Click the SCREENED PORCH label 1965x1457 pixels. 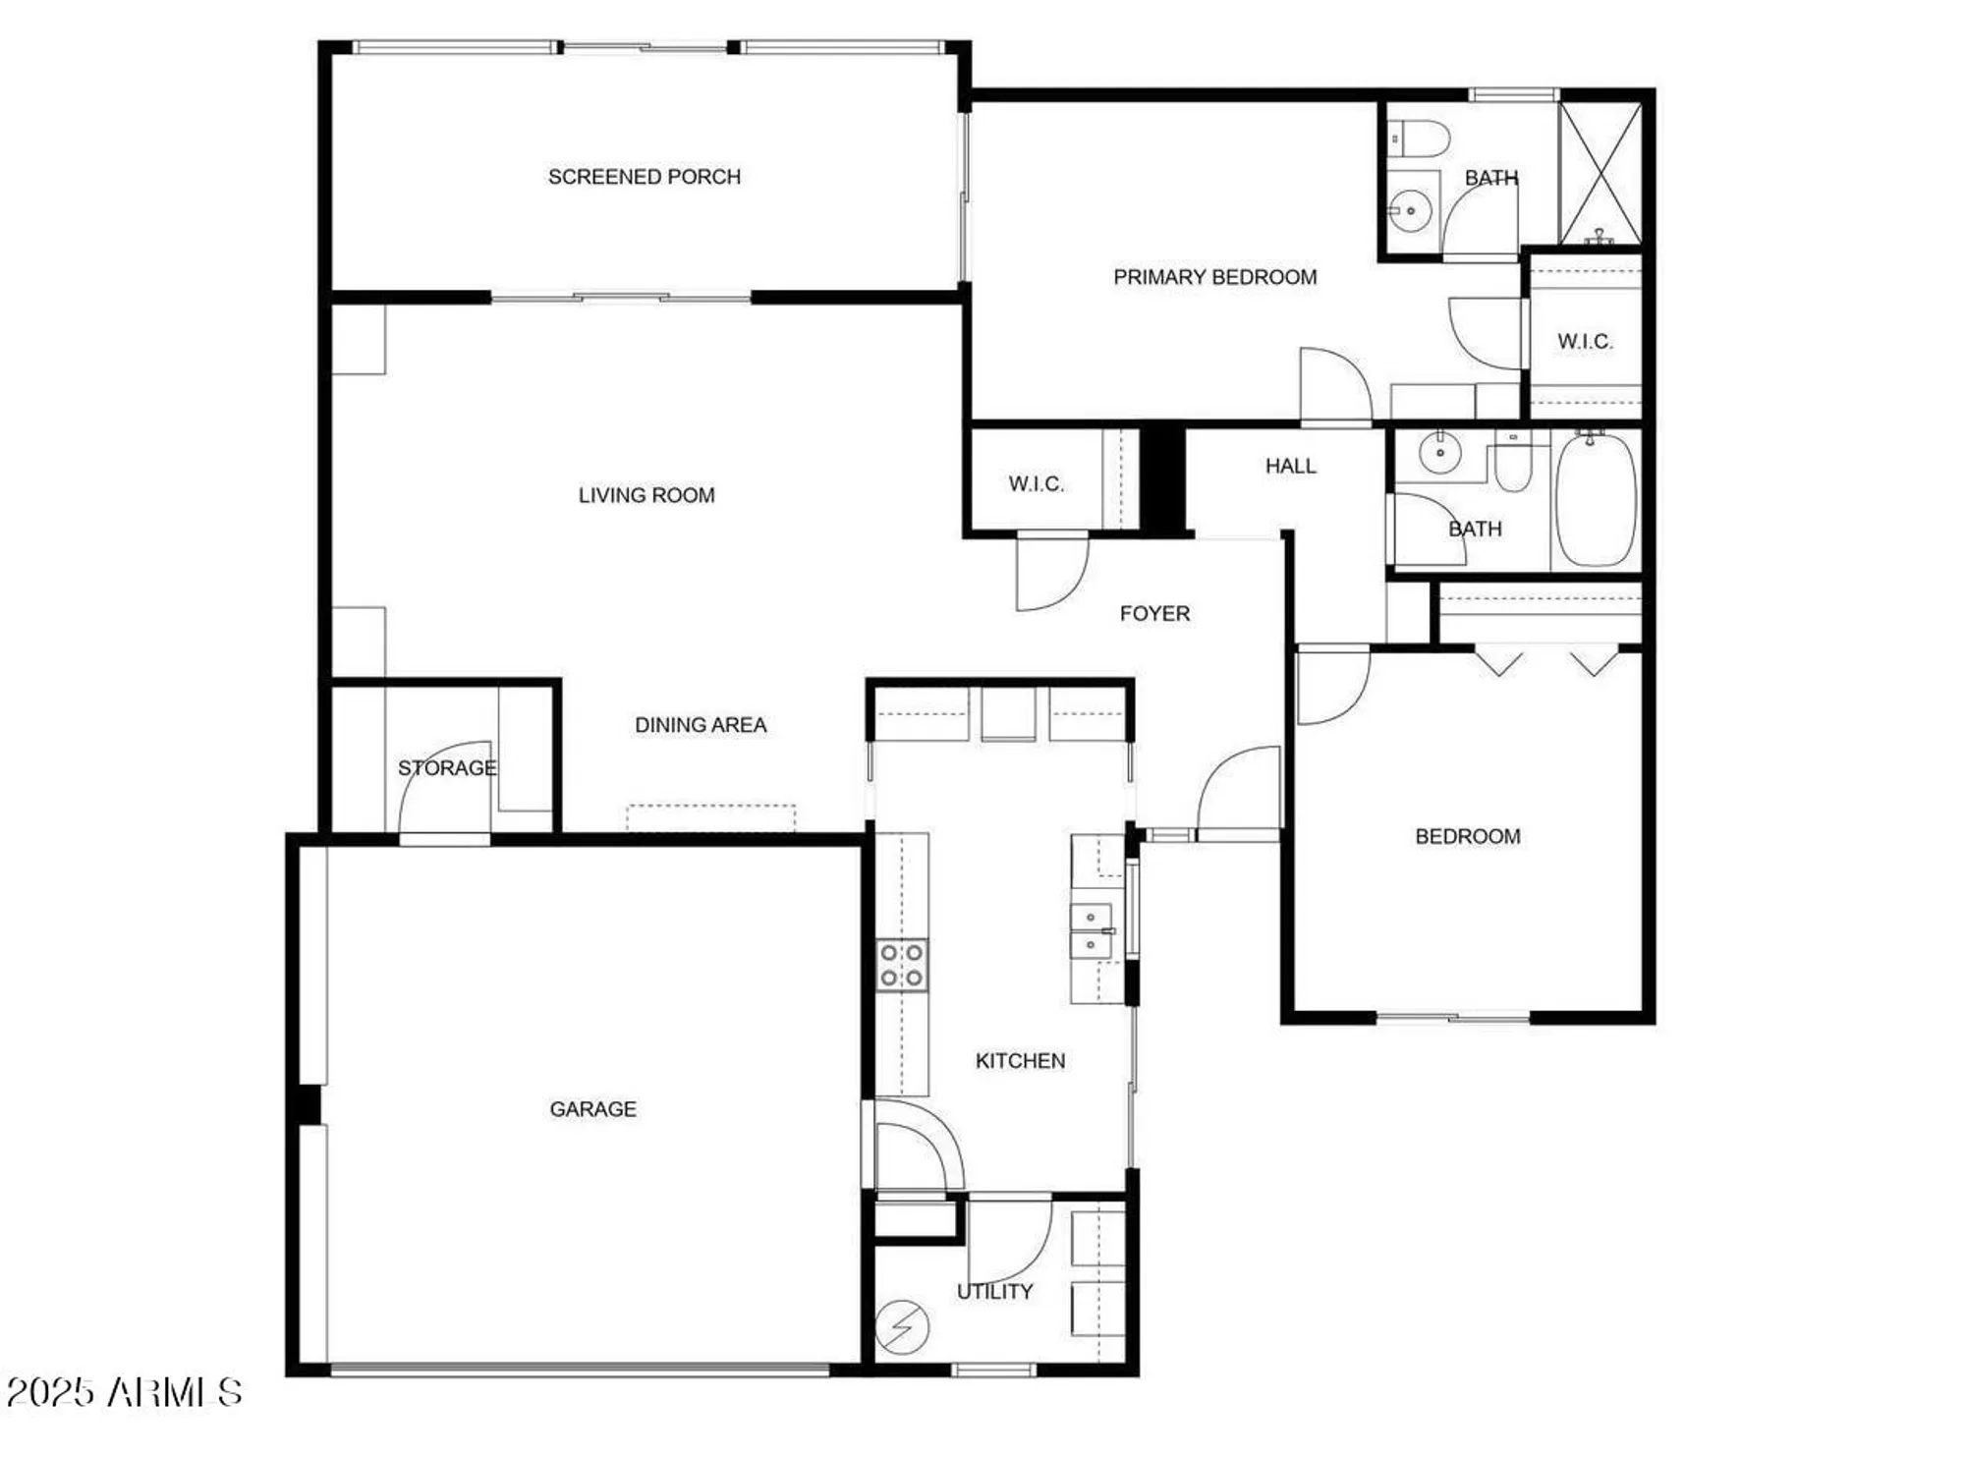pyautogui.click(x=644, y=177)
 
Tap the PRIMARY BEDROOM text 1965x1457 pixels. pyautogui.click(x=1214, y=277)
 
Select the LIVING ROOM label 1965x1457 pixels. pyautogui.click(x=646, y=495)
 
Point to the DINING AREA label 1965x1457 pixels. pyautogui.click(x=700, y=725)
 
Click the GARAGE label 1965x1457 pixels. pyautogui.click(x=592, y=1109)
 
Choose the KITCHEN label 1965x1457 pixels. pyautogui.click(x=1020, y=1061)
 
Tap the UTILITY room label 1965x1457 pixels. pyautogui.click(x=994, y=1292)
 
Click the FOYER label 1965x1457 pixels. pyautogui.click(x=1154, y=614)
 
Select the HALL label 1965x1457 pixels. pyautogui.click(x=1290, y=466)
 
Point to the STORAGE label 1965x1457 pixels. pyautogui.click(x=446, y=767)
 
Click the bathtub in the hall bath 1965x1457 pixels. pyautogui.click(x=1596, y=499)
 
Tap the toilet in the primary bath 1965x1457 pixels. pyautogui.click(x=1421, y=139)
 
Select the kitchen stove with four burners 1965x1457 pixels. pyautogui.click(x=901, y=965)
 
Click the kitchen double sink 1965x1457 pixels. pyautogui.click(x=1091, y=931)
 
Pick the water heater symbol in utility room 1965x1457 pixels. pyautogui.click(x=901, y=1327)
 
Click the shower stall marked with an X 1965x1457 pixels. pyautogui.click(x=1600, y=173)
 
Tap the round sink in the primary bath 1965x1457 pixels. pyautogui.click(x=1411, y=210)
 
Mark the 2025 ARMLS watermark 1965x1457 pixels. pyautogui.click(x=124, y=1392)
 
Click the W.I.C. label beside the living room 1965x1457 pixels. pyautogui.click(x=1036, y=483)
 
